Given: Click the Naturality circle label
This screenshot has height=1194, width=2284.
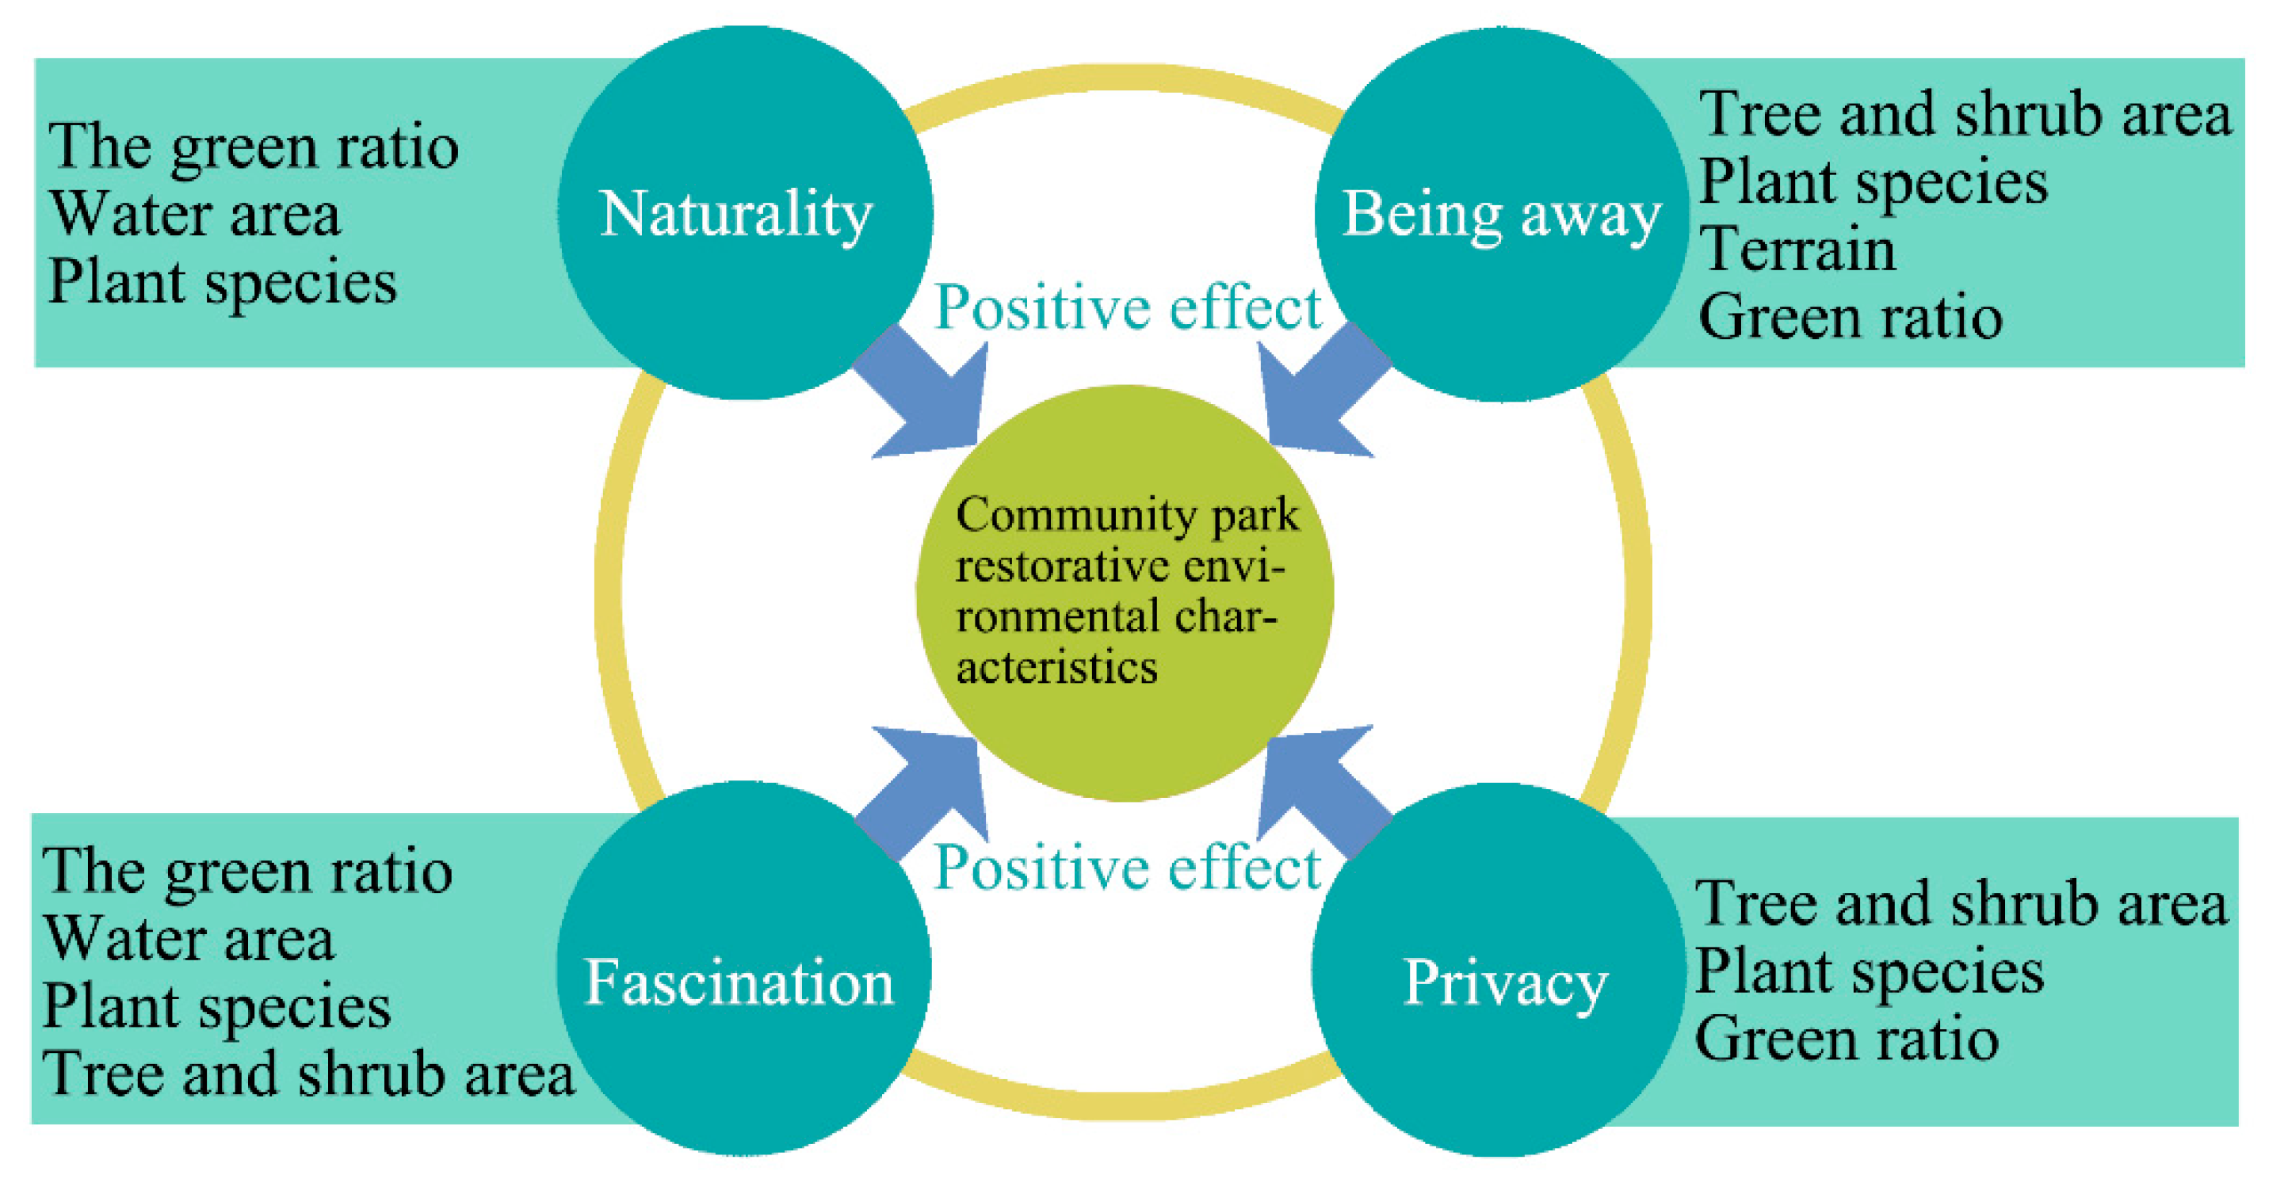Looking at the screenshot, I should tap(736, 216).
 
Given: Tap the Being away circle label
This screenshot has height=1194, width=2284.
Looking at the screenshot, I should tap(1501, 216).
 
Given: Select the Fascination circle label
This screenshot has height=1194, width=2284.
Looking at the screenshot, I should tap(739, 982).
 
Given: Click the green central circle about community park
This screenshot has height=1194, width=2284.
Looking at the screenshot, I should tap(1125, 592).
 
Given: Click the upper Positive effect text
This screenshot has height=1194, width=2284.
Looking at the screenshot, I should tap(1128, 307).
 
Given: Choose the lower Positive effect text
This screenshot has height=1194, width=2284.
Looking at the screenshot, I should tap(1128, 867).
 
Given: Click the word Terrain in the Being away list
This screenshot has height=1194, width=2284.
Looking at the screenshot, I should tap(1797, 249).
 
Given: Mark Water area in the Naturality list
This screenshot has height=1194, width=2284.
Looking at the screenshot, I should tap(195, 215).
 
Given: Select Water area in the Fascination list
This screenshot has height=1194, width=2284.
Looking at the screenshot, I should tap(189, 939).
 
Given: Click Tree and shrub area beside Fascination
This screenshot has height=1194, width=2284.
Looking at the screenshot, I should tap(308, 1074).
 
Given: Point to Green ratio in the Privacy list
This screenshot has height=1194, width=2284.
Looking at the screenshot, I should tap(1846, 1039).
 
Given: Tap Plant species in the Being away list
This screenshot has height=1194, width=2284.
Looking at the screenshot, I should tap(1873, 182).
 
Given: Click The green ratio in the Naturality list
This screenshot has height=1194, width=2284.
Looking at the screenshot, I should tap(254, 147).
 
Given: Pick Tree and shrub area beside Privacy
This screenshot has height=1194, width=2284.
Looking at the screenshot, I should tap(1961, 904).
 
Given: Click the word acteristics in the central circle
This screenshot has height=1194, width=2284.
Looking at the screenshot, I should tap(1056, 667).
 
